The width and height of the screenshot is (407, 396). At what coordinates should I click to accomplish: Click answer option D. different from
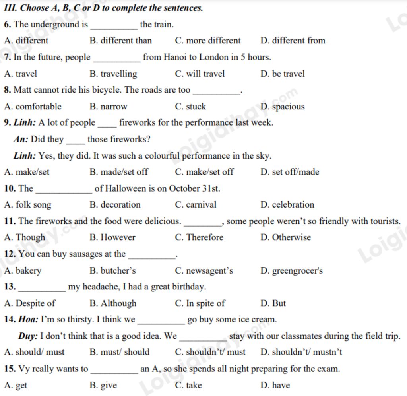pyautogui.click(x=293, y=41)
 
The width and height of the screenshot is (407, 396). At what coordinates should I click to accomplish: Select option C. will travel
pyautogui.click(x=200, y=74)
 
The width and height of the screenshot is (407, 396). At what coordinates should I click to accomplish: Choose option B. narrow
pyautogui.click(x=109, y=107)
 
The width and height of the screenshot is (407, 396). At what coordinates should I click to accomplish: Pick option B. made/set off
pyautogui.click(x=119, y=172)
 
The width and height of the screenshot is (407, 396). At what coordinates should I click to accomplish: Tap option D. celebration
pyautogui.click(x=287, y=205)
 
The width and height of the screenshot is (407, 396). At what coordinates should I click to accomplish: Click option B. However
pyautogui.click(x=112, y=237)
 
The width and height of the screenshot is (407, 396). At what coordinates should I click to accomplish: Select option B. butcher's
pyautogui.click(x=113, y=271)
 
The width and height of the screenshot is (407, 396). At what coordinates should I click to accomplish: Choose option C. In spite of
pyautogui.click(x=200, y=303)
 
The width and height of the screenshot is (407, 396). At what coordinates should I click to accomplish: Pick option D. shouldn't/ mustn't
pyautogui.click(x=301, y=352)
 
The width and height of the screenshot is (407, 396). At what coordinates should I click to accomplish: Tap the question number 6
pyautogui.click(x=8, y=25)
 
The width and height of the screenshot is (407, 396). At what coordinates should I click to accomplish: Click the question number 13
pyautogui.click(x=10, y=287)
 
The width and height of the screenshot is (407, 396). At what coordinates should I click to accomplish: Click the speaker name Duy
pyautogui.click(x=28, y=336)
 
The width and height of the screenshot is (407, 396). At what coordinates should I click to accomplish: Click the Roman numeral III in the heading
pyautogui.click(x=9, y=8)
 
